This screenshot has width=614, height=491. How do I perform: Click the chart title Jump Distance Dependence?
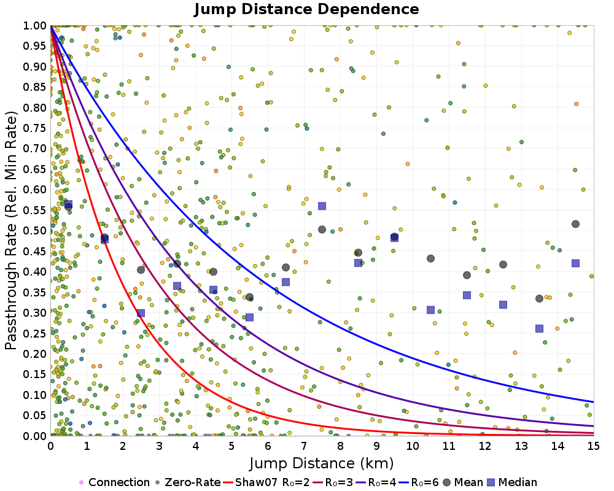tap(306, 10)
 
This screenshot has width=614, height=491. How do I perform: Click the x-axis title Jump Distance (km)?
tap(321, 462)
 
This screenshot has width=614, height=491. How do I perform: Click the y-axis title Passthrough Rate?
tap(12, 231)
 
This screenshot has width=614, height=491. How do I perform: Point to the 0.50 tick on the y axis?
tap(36, 231)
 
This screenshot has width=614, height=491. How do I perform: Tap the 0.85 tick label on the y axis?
tap(36, 87)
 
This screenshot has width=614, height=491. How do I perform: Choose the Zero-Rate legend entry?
tap(189, 482)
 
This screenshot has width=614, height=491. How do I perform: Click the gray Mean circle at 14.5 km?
tap(575, 224)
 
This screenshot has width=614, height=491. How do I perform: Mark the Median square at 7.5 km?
tap(322, 206)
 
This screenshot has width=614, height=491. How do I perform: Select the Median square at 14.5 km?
tap(575, 263)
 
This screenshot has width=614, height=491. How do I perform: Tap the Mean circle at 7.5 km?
tap(322, 230)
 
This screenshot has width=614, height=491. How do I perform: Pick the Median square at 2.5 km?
tap(141, 313)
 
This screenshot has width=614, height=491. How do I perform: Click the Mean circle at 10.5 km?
tap(430, 258)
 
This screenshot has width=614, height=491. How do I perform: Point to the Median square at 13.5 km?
tap(539, 328)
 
